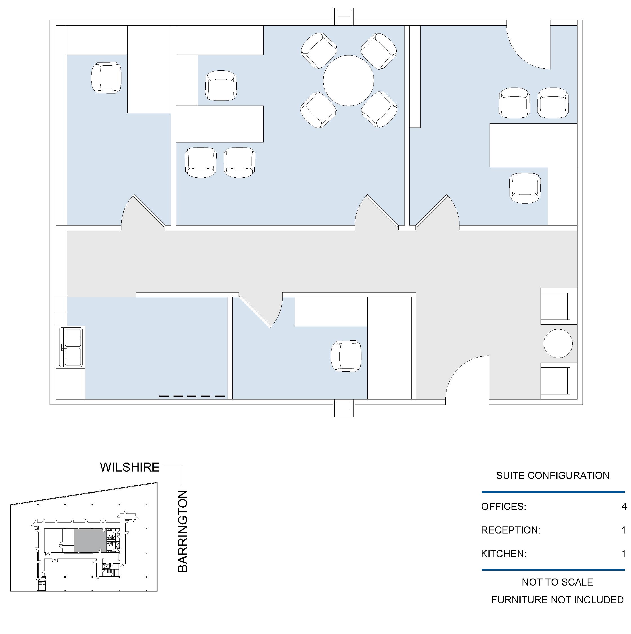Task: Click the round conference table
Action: point(348,81)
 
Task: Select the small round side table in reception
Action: point(558,343)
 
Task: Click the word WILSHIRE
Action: point(130,467)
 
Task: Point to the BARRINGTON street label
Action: point(183,531)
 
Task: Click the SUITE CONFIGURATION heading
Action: point(552,475)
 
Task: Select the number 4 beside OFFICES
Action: point(624,507)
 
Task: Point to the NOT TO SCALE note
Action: point(557,582)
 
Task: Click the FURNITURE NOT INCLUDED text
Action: point(557,600)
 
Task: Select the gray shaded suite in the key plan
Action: point(90,540)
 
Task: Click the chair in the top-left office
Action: point(106,78)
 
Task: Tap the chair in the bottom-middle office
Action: point(346,356)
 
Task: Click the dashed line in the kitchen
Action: point(192,396)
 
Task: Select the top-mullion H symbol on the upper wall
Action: point(344,17)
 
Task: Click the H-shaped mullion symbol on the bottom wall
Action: point(344,408)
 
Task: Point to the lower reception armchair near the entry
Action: point(559,381)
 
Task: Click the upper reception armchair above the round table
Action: point(559,306)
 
